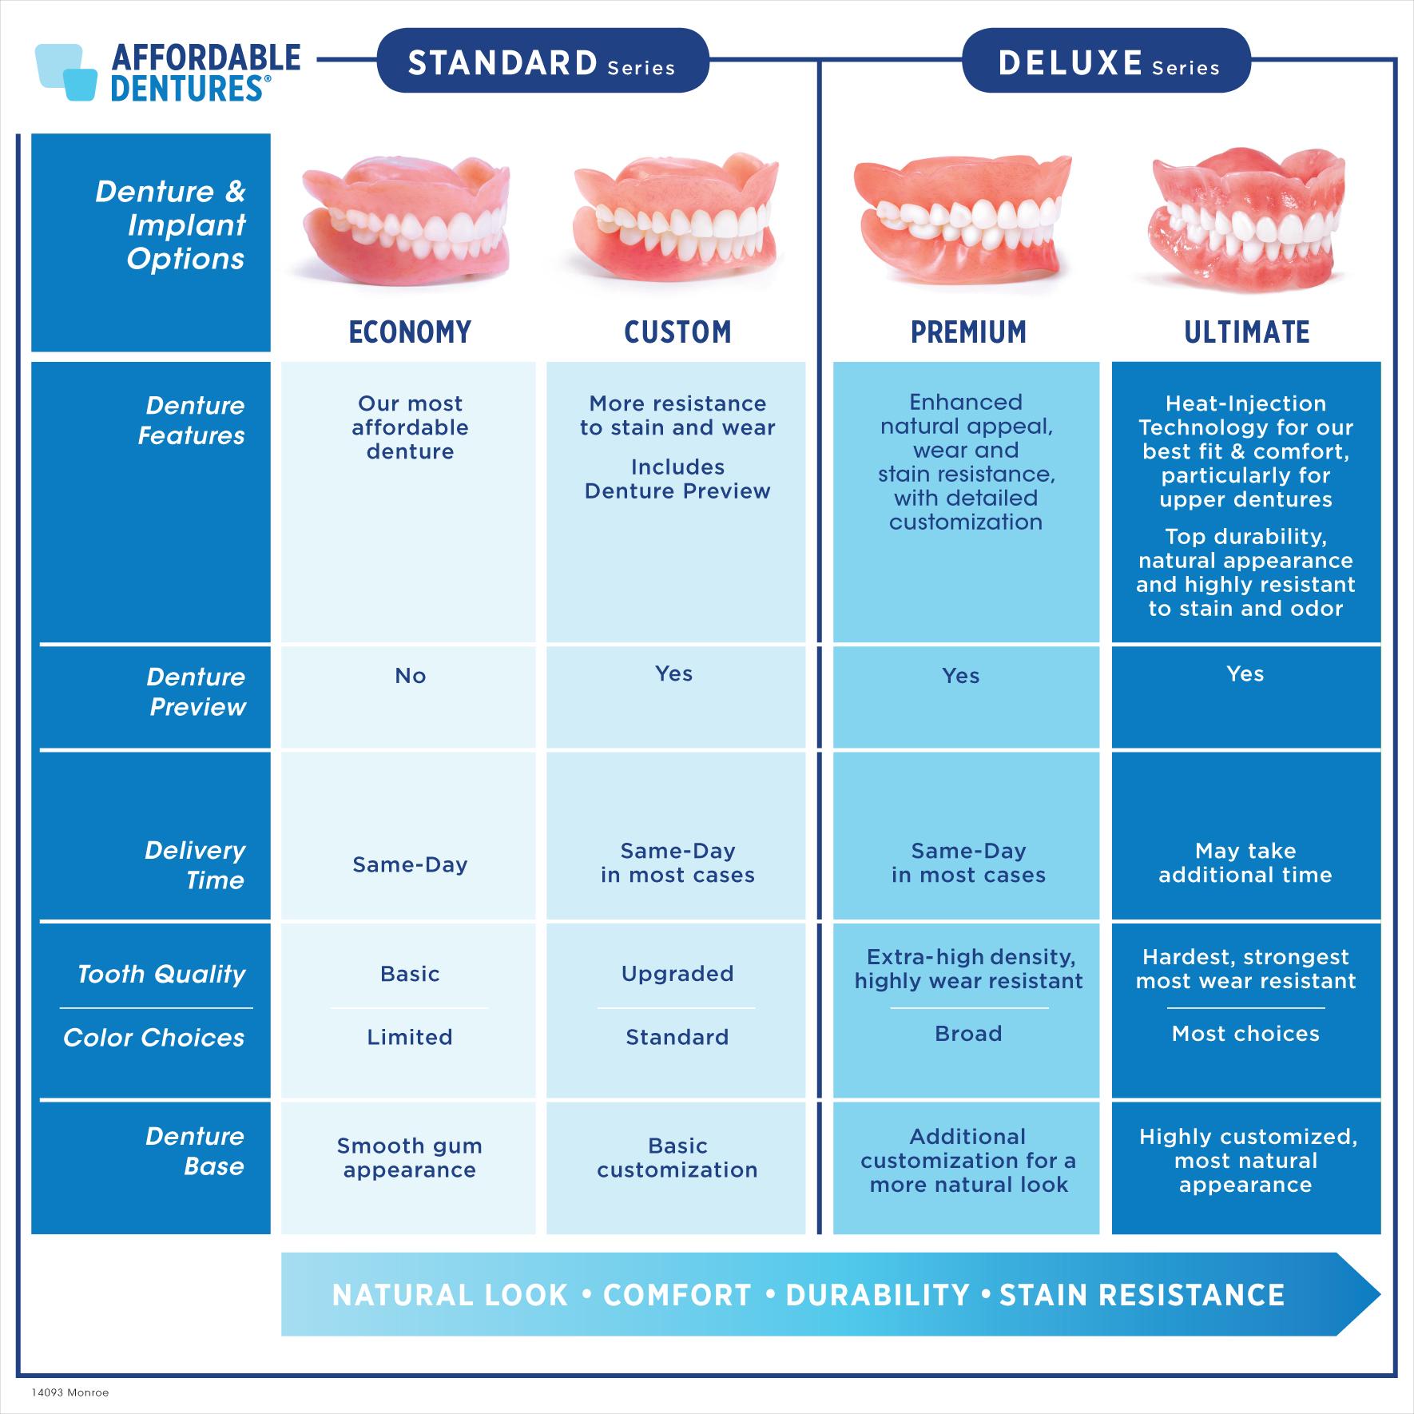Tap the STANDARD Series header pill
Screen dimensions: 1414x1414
point(542,61)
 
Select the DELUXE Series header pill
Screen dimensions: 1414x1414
point(1106,61)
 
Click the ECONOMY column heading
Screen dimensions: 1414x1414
point(410,332)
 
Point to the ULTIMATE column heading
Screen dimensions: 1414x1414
point(1246,332)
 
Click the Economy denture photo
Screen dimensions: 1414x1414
point(406,220)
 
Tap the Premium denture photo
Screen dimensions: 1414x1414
point(961,217)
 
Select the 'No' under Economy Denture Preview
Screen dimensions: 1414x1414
point(410,676)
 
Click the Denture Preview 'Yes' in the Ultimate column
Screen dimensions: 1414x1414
point(1245,673)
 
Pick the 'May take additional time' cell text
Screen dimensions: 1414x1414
point(1245,863)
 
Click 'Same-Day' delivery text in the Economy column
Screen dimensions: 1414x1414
point(410,864)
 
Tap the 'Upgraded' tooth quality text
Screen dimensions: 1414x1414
point(677,974)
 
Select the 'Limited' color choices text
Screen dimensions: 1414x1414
point(410,1037)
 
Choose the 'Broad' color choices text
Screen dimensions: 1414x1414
point(968,1034)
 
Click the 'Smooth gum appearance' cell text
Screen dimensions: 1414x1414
point(410,1158)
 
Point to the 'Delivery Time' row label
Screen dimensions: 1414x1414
point(195,865)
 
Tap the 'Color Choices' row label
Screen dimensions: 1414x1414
point(154,1038)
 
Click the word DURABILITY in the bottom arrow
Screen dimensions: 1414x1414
point(878,1295)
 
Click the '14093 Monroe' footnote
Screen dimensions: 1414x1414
point(70,1392)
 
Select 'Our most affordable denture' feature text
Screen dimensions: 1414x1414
point(410,427)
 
